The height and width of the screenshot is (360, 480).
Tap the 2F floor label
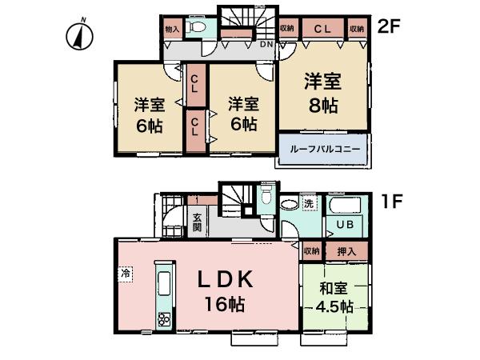coord(389,26)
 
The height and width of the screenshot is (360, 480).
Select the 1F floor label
coord(389,203)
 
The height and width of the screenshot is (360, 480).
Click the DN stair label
coord(266,45)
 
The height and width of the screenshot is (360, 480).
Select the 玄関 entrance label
coord(197,221)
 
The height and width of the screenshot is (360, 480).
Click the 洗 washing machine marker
coord(309,203)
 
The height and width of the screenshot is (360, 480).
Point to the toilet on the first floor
coord(268,196)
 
